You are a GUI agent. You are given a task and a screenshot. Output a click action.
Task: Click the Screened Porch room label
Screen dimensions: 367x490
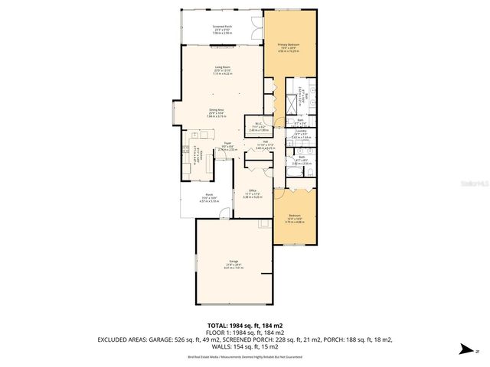[223, 29]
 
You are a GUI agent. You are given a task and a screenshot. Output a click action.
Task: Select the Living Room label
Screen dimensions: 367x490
[223, 71]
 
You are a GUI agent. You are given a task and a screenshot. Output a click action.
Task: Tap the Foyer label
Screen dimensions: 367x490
[227, 148]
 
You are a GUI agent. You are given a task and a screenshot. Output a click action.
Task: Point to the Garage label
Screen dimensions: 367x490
[234, 265]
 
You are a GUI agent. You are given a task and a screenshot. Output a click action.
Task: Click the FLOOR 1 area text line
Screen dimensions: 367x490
[245, 333]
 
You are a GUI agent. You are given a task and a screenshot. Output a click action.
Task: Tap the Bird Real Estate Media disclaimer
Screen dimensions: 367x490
[245, 356]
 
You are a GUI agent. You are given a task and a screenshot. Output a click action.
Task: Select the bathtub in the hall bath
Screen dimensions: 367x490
[296, 174]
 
